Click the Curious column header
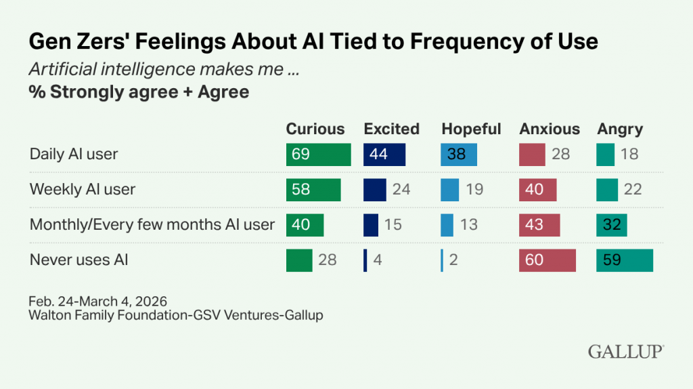[x=315, y=129]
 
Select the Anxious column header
[x=550, y=129]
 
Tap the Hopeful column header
[x=471, y=129]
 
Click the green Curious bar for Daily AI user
[x=318, y=155]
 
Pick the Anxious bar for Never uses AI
[x=547, y=260]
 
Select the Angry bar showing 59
[x=625, y=260]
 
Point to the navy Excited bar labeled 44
[x=384, y=155]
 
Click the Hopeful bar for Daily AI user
[x=459, y=155]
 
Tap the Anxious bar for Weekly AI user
[x=537, y=189]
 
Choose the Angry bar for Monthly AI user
[x=612, y=224]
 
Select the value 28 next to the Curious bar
[x=327, y=260]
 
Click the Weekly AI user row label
[x=82, y=189]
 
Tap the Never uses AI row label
[x=79, y=260]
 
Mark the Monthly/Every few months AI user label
[x=152, y=224]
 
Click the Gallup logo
[x=625, y=352]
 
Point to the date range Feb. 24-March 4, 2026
[x=98, y=300]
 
